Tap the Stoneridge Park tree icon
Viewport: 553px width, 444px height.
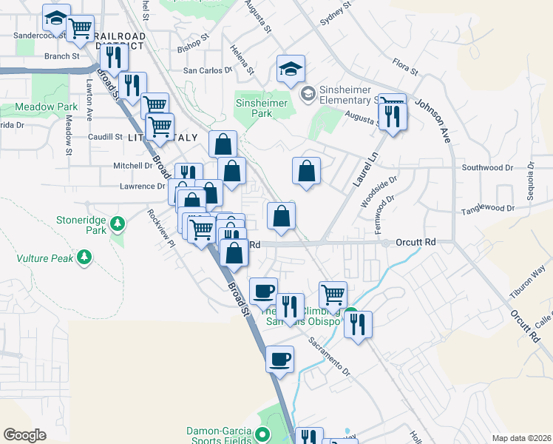[x=116, y=223]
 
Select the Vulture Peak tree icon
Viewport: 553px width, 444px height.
[x=86, y=257]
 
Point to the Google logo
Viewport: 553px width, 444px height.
[x=24, y=435]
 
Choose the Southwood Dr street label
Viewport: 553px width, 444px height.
[x=487, y=168]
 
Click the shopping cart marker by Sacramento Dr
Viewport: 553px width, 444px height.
[x=333, y=295]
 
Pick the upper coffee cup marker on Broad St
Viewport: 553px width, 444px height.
[x=262, y=291]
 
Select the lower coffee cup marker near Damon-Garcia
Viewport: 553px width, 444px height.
[x=279, y=360]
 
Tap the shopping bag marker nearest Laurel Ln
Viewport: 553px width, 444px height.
[x=306, y=172]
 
